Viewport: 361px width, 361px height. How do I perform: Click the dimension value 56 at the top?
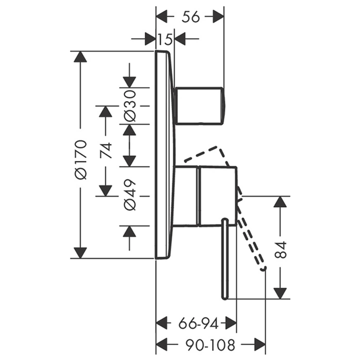pos(190,17)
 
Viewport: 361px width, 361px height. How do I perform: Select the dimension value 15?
pos(165,38)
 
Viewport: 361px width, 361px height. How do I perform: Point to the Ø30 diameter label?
pos(129,105)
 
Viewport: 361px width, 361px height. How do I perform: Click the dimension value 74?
pos(106,150)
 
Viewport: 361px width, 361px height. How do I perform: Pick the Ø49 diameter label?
pos(129,195)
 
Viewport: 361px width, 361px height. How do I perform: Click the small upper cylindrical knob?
pos(200,106)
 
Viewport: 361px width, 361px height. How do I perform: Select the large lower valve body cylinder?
pos(217,196)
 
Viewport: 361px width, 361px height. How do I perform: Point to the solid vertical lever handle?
pos(225,258)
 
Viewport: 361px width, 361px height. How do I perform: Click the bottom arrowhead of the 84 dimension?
pos(280,293)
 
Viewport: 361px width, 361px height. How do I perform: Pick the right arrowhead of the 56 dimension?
pos(219,17)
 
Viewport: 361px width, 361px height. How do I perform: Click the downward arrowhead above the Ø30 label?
pos(129,81)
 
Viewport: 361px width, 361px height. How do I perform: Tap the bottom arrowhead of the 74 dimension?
pos(106,190)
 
